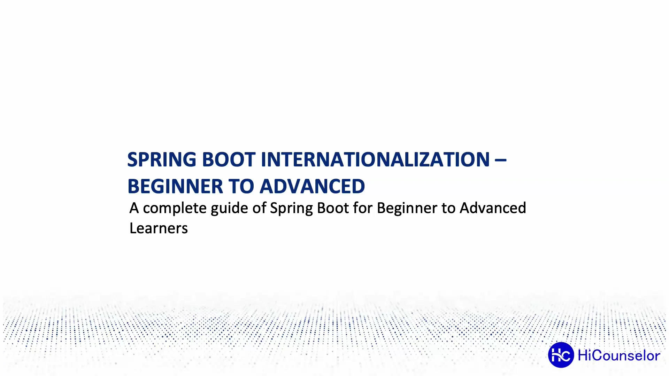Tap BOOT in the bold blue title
[x=229, y=160]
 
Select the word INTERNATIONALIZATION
[x=375, y=160]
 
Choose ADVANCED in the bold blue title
[x=312, y=187]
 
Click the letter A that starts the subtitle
[x=134, y=208]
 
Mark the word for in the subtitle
[x=363, y=208]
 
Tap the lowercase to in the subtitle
[x=448, y=208]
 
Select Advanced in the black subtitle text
[x=493, y=208]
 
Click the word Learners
[x=159, y=228]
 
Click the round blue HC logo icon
[x=561, y=355]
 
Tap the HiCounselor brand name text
[x=618, y=355]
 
